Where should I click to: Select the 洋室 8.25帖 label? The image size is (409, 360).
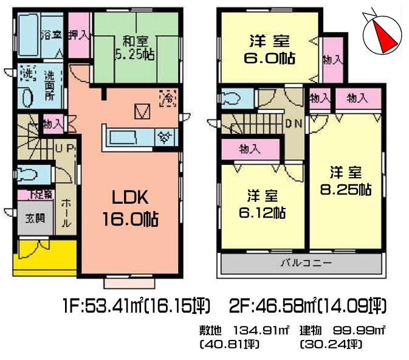346,179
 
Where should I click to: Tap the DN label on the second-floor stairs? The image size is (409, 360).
294,123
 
